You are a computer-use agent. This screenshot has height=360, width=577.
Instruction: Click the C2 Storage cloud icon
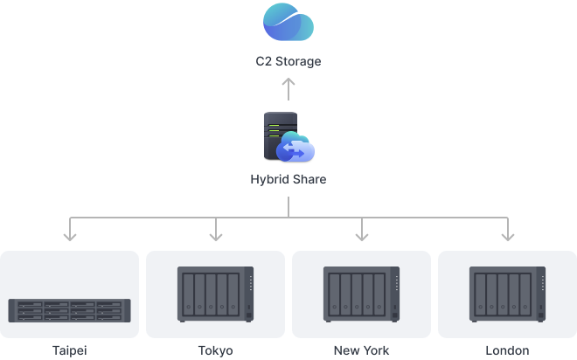288,22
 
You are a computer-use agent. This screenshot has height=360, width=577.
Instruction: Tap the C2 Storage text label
288,61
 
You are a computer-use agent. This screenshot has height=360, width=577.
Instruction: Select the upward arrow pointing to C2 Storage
288,89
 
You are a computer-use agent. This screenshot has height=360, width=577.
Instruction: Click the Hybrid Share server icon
288,137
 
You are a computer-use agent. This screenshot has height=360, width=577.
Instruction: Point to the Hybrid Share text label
288,179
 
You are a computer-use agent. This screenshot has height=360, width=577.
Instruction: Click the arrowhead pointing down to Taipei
70,237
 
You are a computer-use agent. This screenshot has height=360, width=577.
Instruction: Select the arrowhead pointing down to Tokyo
216,237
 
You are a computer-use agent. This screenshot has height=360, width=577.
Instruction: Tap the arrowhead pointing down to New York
362,237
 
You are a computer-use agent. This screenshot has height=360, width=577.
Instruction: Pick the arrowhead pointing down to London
508,237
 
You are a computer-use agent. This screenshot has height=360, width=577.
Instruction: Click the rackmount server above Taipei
70,311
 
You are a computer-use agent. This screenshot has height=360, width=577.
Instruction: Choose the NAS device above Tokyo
215,294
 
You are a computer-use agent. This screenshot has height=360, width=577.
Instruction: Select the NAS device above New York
361,294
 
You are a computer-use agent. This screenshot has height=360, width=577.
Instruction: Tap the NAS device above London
507,294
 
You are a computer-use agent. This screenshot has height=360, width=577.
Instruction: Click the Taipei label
70,350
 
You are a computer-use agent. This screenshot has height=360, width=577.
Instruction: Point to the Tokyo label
216,350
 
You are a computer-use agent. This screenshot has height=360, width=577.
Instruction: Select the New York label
361,350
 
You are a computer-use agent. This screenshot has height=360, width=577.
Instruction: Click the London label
507,350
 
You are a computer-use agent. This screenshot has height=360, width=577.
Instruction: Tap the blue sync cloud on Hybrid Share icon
295,147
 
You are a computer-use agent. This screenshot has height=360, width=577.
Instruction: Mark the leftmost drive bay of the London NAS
480,294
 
